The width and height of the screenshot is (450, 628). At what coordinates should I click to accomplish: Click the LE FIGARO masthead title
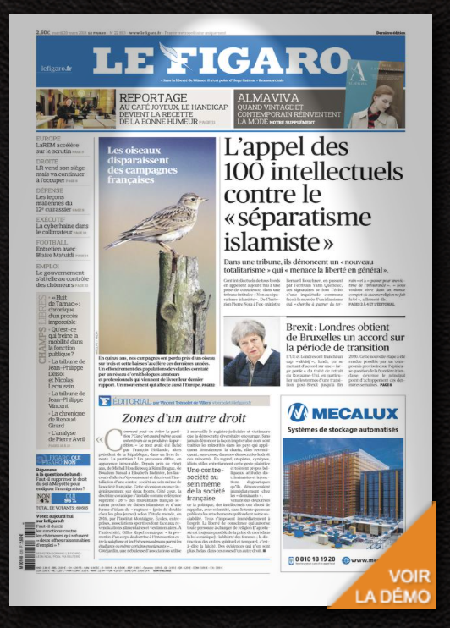pyautogui.click(x=222, y=61)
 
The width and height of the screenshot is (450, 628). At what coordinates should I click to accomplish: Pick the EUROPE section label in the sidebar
pyautogui.click(x=48, y=139)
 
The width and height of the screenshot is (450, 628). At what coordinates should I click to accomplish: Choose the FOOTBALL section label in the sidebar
pyautogui.click(x=52, y=242)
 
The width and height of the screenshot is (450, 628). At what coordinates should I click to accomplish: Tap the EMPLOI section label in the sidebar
pyautogui.click(x=47, y=266)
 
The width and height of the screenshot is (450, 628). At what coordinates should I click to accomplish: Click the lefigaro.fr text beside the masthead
pyautogui.click(x=56, y=69)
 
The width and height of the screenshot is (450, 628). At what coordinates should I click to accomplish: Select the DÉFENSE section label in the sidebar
pyautogui.click(x=50, y=190)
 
